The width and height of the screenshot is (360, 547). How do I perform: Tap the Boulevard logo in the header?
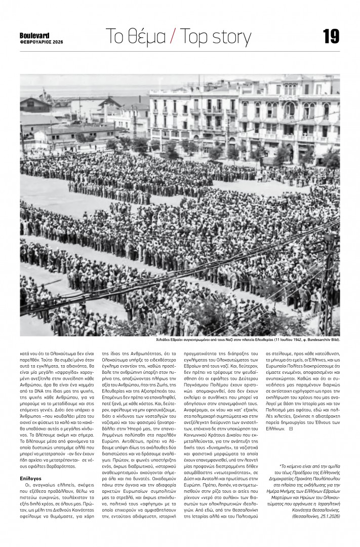pyautogui.click(x=34, y=35)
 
